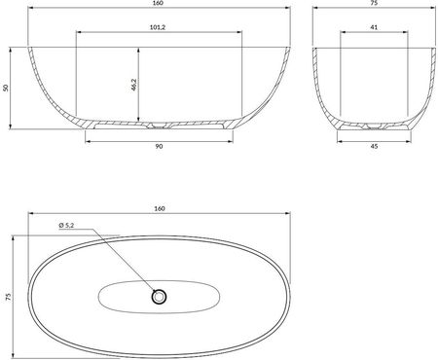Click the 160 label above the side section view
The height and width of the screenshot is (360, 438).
159,3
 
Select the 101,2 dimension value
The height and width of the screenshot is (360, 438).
158,27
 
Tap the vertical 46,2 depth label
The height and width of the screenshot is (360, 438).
134,85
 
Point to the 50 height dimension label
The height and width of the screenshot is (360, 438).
5,88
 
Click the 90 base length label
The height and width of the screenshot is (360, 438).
159,147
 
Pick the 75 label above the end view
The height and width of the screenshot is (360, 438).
374,3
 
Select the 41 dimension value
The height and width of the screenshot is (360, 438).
374,27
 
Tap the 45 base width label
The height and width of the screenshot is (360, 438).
374,146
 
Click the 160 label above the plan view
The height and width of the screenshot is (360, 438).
160,208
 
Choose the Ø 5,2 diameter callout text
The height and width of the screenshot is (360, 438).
66,225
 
